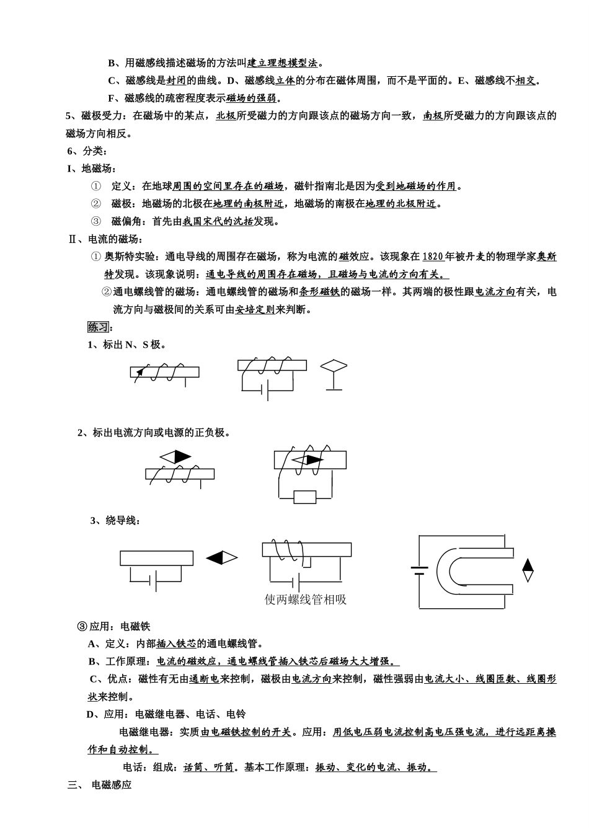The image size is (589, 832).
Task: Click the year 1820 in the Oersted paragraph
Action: tap(433, 257)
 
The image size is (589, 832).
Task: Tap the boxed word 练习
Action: tap(98, 327)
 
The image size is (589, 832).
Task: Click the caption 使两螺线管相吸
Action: tap(305, 600)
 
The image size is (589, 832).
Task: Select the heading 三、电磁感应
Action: tap(100, 785)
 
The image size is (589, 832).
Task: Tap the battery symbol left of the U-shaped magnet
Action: tap(419, 570)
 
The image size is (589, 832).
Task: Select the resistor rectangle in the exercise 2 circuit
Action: tap(305, 497)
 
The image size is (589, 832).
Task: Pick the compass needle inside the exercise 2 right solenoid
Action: tap(308, 460)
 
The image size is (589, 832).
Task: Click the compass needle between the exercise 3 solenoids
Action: tap(222, 558)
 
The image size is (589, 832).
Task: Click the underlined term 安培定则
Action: tap(255, 310)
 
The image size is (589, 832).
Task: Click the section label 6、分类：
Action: tap(87, 151)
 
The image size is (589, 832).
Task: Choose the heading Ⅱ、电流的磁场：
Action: tap(105, 239)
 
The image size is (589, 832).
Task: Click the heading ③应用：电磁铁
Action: tap(113, 626)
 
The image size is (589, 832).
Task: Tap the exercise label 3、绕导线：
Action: tap(115, 520)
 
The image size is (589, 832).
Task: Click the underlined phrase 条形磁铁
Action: tap(319, 292)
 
